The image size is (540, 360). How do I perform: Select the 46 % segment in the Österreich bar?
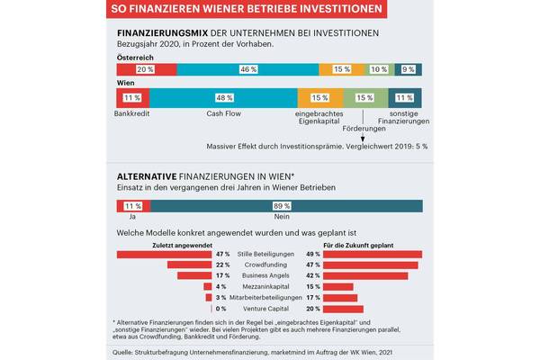click(x=243, y=68)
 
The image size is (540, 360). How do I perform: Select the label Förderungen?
click(x=364, y=125)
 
